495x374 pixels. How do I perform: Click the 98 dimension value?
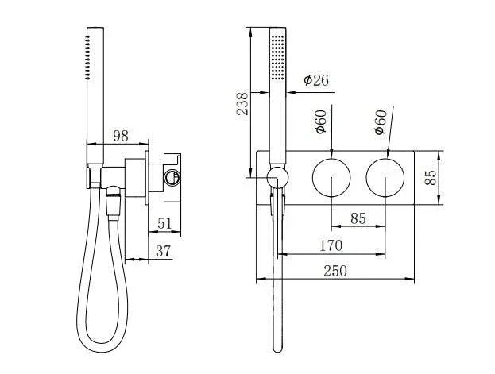[120, 136]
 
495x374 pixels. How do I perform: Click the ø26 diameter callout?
[316, 79]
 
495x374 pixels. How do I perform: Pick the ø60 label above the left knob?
[320, 121]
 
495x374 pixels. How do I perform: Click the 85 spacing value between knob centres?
[358, 218]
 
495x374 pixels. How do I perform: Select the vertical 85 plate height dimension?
[431, 176]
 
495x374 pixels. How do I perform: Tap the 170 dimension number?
[331, 245]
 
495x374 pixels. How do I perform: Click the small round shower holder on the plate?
[277, 178]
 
